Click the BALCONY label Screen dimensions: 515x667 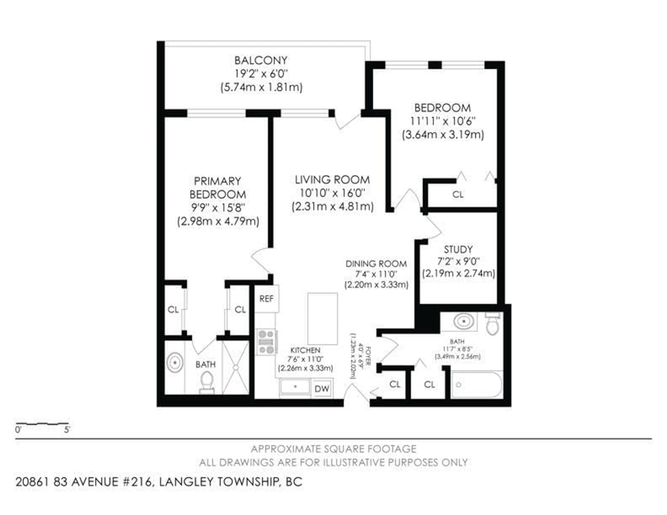[x=261, y=60]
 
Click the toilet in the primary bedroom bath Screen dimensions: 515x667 [x=207, y=381]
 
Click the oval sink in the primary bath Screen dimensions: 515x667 [x=175, y=363]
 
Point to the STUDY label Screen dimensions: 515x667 [x=458, y=249]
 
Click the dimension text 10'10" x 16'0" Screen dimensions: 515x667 [x=332, y=193]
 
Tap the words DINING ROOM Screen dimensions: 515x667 [x=376, y=264]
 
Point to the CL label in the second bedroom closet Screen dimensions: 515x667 [x=458, y=194]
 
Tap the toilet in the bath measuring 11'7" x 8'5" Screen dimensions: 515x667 [x=492, y=325]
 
